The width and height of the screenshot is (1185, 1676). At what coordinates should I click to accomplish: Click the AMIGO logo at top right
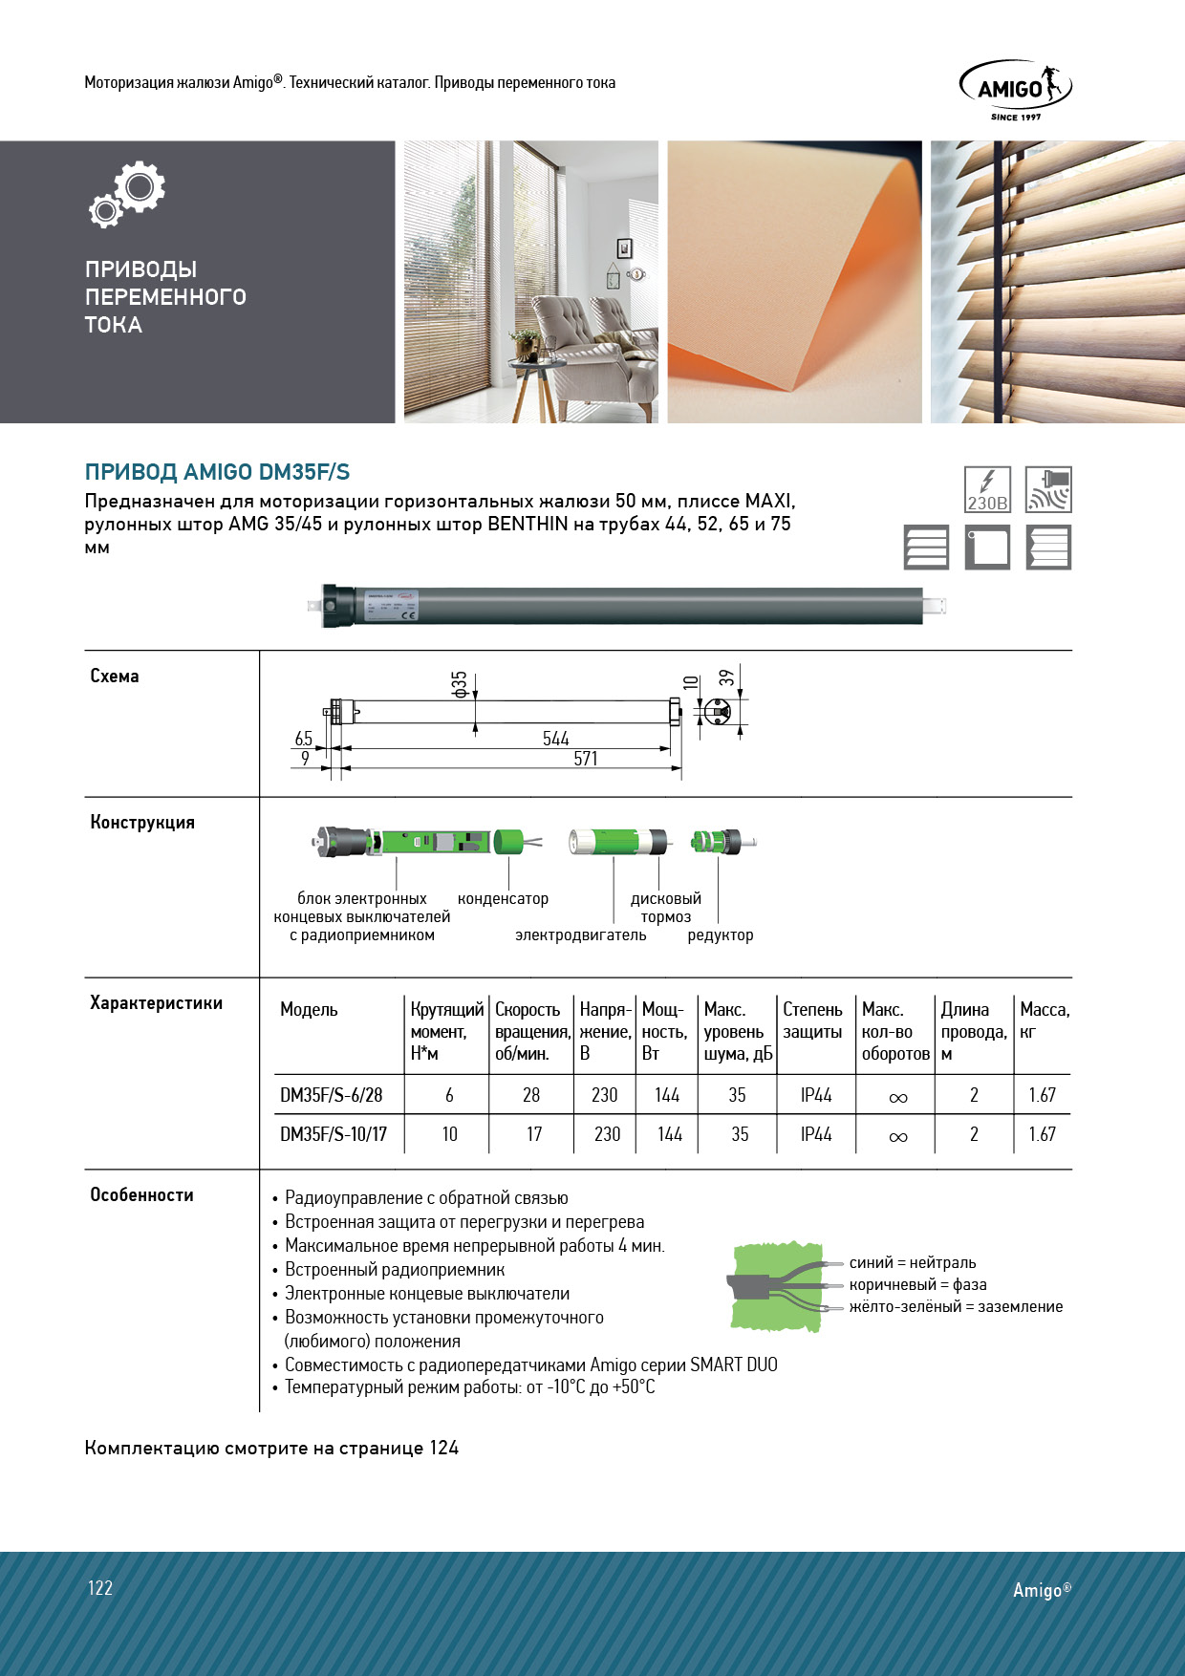pyautogui.click(x=1015, y=89)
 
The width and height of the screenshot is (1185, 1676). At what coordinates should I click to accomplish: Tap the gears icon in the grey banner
pyautogui.click(x=128, y=193)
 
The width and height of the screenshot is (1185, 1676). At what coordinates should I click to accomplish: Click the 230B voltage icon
pyautogui.click(x=987, y=489)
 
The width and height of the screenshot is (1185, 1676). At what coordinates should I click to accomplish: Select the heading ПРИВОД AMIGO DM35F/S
pyautogui.click(x=217, y=472)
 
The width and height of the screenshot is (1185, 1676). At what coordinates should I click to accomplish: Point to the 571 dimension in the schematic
pyautogui.click(x=586, y=759)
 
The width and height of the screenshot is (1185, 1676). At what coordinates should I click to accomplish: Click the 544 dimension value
pyautogui.click(x=555, y=739)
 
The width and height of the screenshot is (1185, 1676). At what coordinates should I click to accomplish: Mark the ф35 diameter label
pyautogui.click(x=460, y=683)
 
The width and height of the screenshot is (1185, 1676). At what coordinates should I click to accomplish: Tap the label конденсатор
pyautogui.click(x=503, y=899)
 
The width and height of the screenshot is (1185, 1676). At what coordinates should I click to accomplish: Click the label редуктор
pyautogui.click(x=721, y=935)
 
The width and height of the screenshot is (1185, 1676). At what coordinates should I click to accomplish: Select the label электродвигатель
pyautogui.click(x=581, y=935)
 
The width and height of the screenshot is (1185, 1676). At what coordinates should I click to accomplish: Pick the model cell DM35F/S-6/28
pyautogui.click(x=331, y=1095)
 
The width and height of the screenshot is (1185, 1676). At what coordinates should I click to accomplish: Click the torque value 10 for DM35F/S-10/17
pyautogui.click(x=449, y=1134)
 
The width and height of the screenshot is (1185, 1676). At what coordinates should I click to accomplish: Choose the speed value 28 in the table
pyautogui.click(x=531, y=1095)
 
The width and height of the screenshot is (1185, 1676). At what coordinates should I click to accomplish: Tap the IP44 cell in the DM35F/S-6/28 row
pyautogui.click(x=816, y=1095)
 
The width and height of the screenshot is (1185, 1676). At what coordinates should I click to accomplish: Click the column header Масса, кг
pyautogui.click(x=1044, y=1021)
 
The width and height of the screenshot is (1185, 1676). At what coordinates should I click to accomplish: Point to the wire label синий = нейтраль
pyautogui.click(x=912, y=1263)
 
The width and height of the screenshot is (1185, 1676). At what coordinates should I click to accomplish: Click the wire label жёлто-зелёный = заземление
pyautogui.click(x=956, y=1307)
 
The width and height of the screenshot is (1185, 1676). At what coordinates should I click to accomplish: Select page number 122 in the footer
pyautogui.click(x=100, y=1588)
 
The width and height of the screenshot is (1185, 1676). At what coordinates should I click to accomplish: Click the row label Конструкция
pyautogui.click(x=142, y=823)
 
